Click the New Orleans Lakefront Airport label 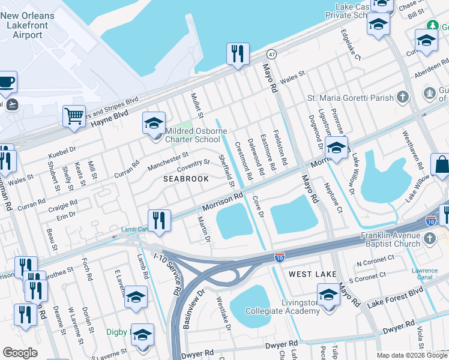pos(29,25)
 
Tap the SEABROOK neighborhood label pos(185,179)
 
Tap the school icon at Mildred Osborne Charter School pos(154,124)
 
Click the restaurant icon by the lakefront pos(238,53)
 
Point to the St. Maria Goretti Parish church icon pos(402,97)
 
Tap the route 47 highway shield pos(272,54)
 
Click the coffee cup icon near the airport pos(7,82)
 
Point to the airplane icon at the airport pos(11,104)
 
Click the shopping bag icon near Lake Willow pos(441,165)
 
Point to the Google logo pos(20,353)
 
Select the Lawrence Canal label pos(424,274)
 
